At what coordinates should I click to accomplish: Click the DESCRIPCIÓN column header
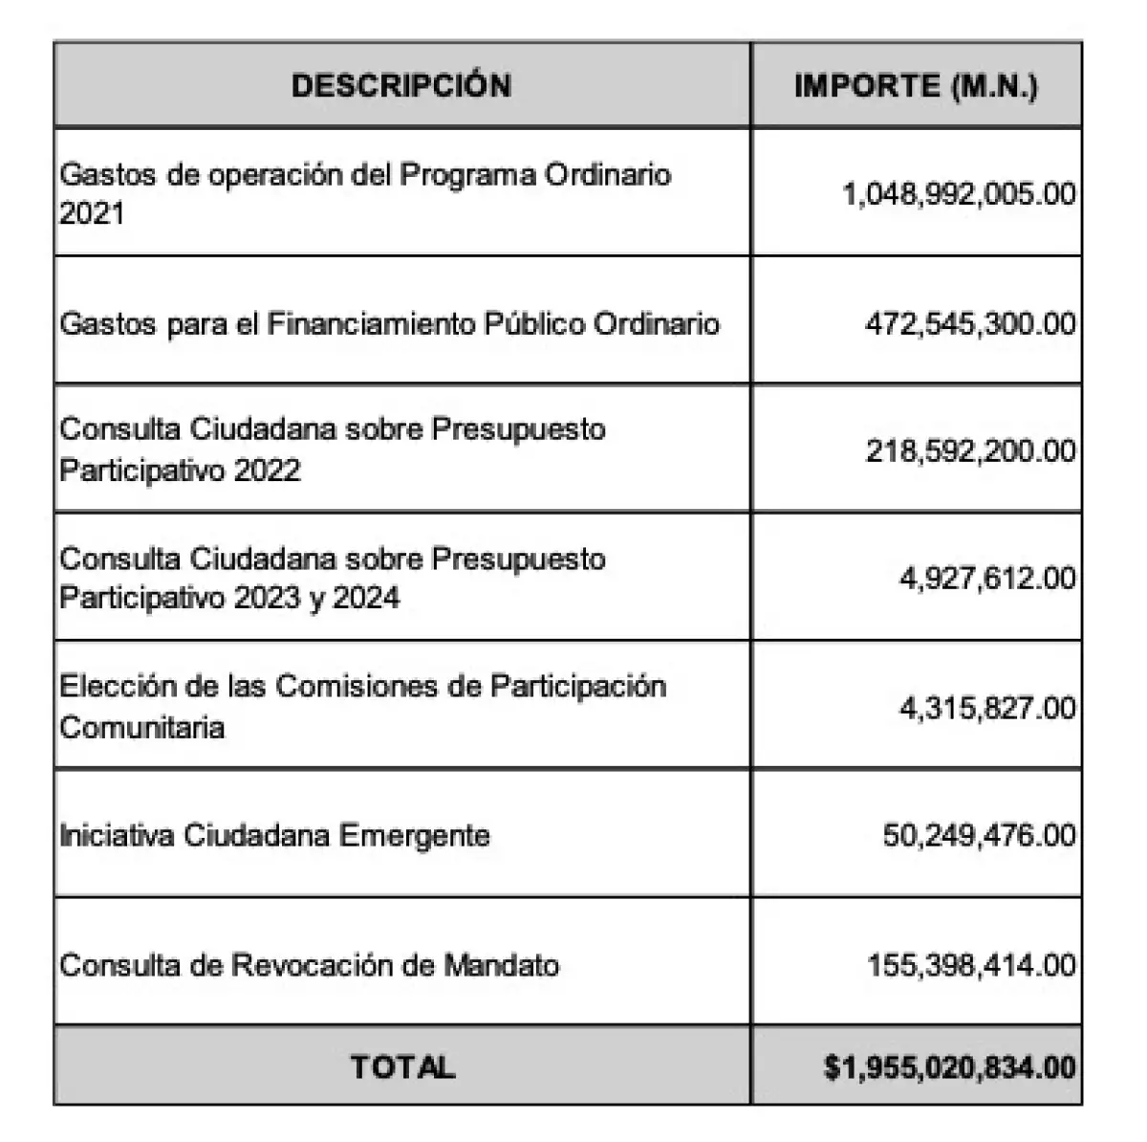pos(401,85)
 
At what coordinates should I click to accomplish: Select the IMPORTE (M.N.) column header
pos(916,86)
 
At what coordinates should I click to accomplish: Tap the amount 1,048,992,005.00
pos(959,194)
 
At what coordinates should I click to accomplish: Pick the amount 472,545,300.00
pos(970,323)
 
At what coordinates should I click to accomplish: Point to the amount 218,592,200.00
pos(970,450)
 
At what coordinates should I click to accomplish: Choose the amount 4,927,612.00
pos(987,579)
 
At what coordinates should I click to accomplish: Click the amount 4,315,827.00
pos(987,708)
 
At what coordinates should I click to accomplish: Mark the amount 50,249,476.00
pos(979,835)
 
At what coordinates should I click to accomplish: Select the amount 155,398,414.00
pos(971,964)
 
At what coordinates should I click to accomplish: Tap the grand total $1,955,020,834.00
pos(949,1066)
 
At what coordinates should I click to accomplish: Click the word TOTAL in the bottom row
pos(402,1066)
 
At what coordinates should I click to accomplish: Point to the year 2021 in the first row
pos(92,213)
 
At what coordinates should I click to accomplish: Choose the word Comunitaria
pos(141,727)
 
